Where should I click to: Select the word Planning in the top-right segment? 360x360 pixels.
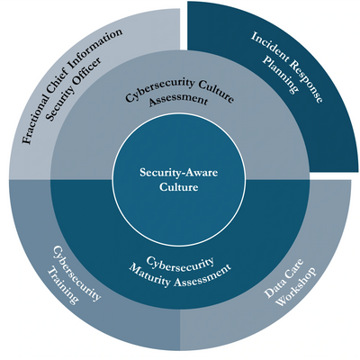coord(281,75)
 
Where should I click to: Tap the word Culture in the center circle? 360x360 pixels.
coord(179,187)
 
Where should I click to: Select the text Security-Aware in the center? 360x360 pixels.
coord(179,173)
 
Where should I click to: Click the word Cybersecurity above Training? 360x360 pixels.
coord(76,273)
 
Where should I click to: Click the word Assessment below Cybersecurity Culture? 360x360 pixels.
coord(178,100)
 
